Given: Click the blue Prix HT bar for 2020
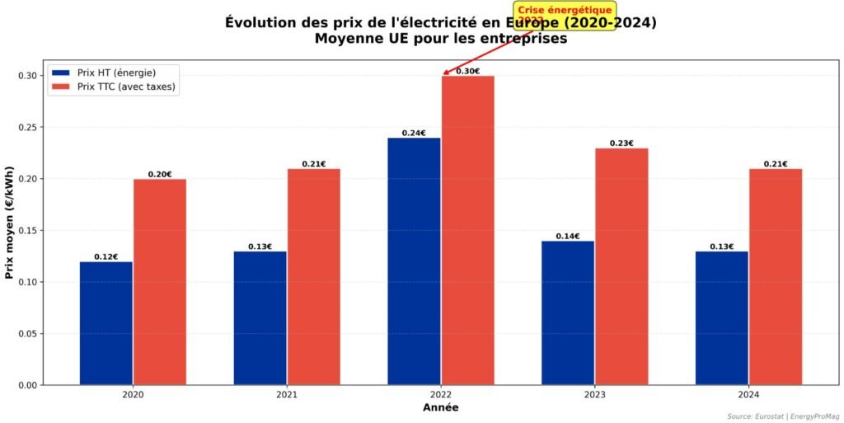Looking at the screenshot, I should click(105, 322).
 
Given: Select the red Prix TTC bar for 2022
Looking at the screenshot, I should click(467, 230).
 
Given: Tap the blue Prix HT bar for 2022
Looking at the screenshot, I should click(414, 261).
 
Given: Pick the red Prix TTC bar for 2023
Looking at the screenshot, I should click(621, 266).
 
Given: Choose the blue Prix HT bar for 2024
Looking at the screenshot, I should click(721, 317).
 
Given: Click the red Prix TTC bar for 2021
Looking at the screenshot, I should click(313, 276).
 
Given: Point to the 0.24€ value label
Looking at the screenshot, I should click(414, 133).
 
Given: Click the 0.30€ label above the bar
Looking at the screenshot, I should click(467, 71).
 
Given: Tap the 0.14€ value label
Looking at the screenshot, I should click(568, 236).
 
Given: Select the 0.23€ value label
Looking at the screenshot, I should click(621, 143).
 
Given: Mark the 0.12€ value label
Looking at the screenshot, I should click(105, 256).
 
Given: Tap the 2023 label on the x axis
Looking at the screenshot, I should click(594, 395).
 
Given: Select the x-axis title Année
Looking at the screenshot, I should click(440, 407).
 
